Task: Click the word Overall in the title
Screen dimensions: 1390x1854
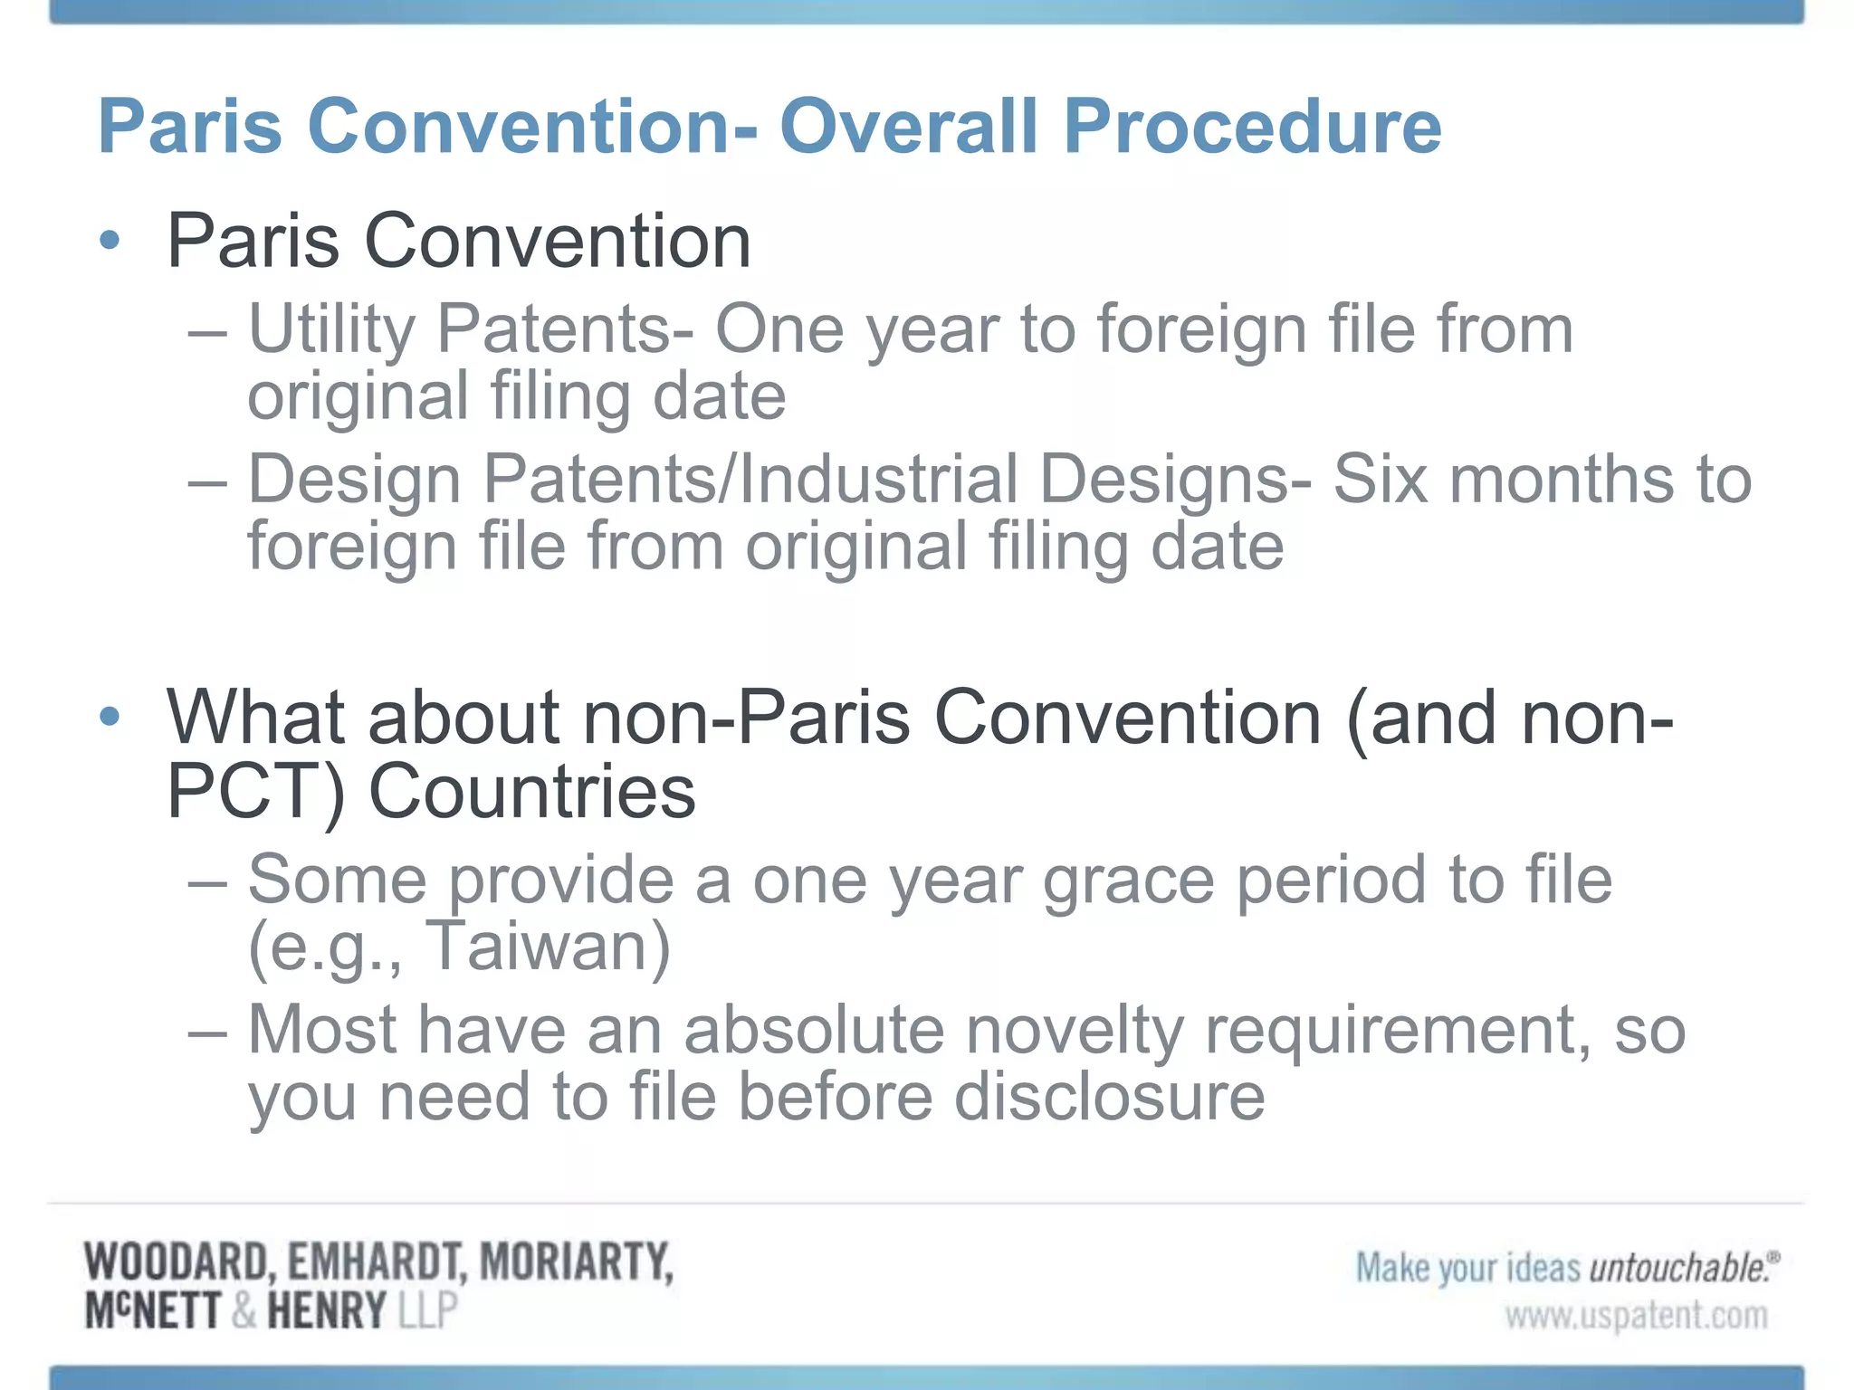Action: pos(908,127)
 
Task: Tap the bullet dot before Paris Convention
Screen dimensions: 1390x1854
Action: pos(110,241)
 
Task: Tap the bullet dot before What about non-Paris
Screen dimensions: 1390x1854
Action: pos(110,717)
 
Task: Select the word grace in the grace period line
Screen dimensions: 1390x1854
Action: pos(1128,881)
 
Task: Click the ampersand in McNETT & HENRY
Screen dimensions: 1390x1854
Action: pos(243,1311)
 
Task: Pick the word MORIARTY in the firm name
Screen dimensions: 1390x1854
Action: pos(576,1262)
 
